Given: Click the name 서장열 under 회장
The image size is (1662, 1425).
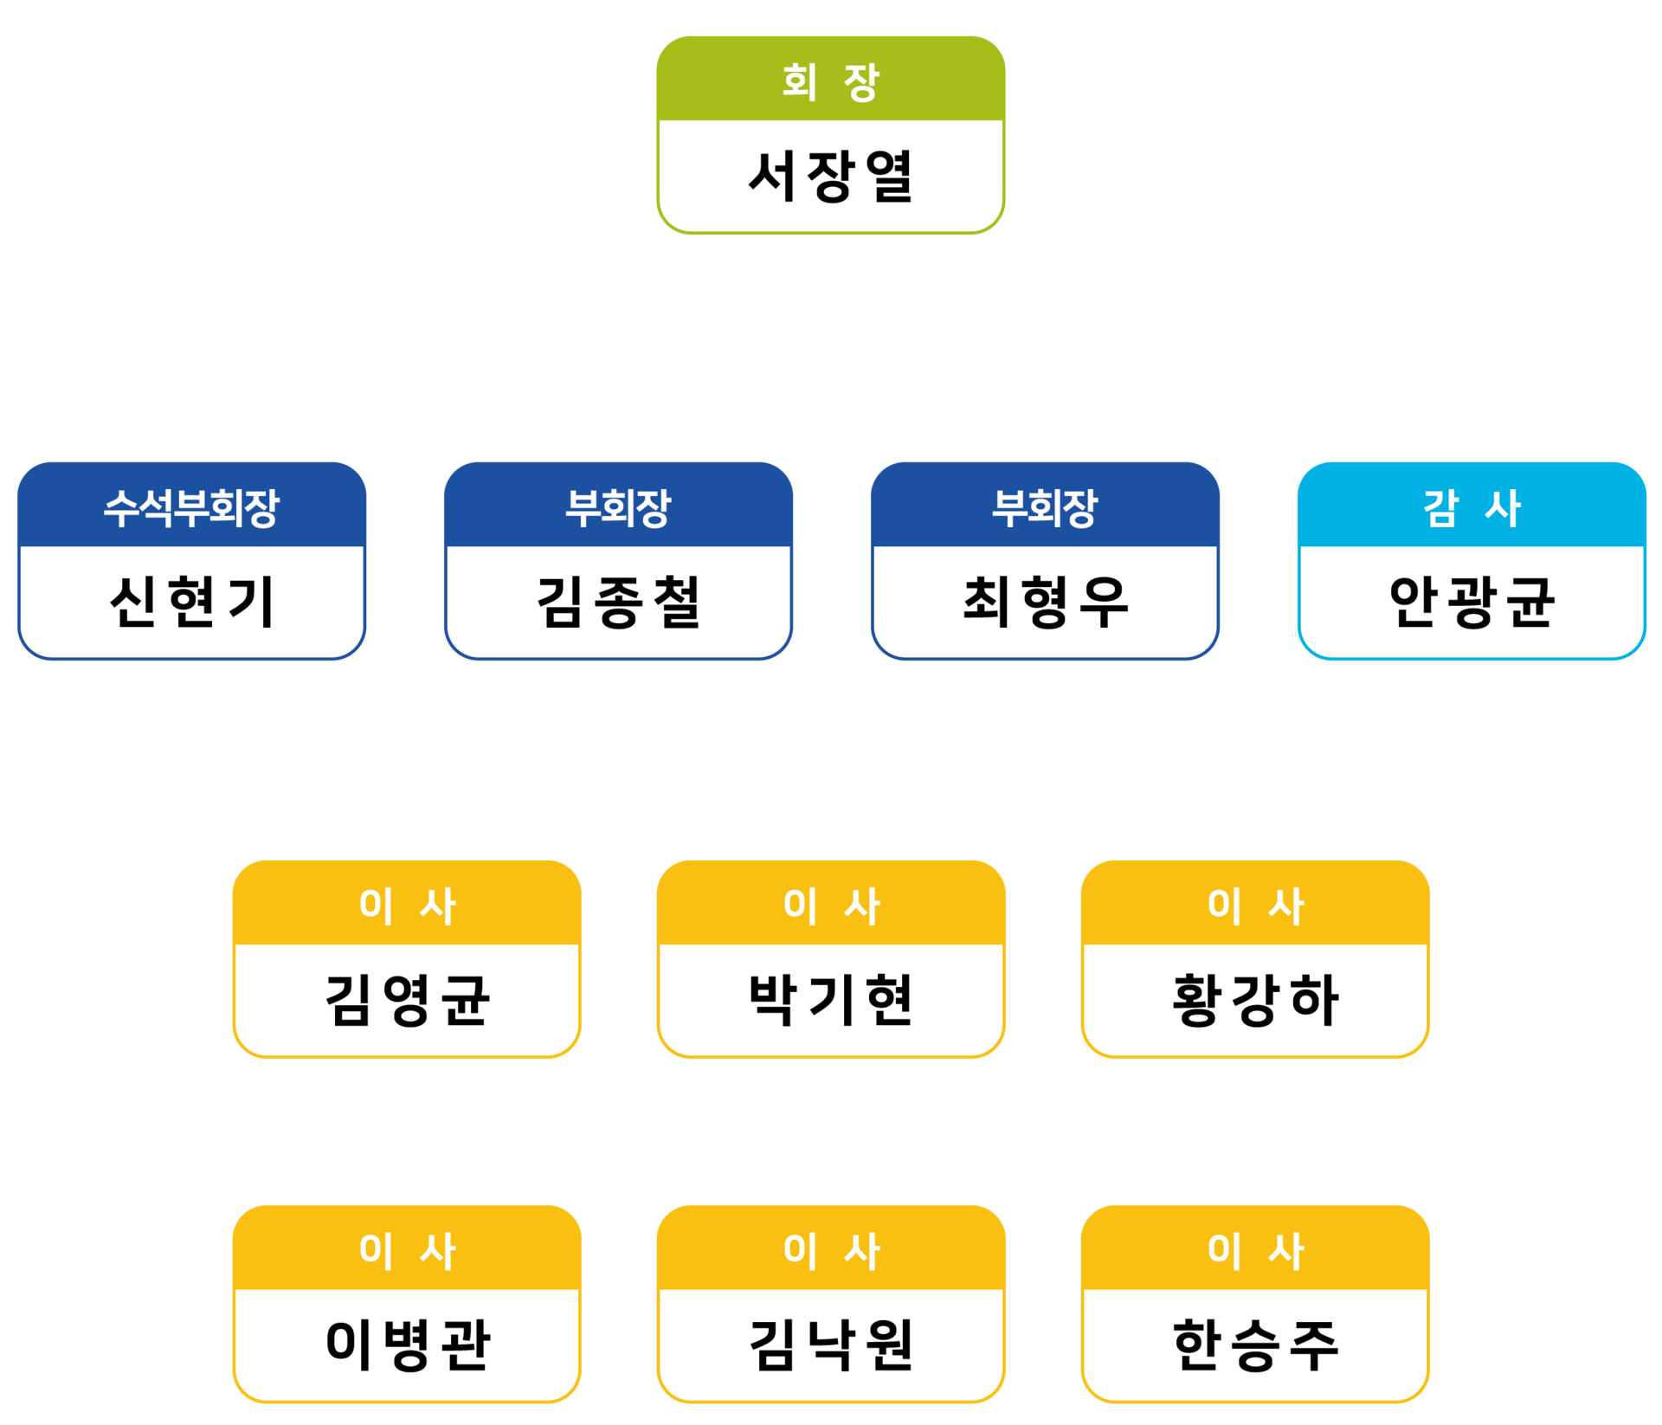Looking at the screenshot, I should [x=830, y=177].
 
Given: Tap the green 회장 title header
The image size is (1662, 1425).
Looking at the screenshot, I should [x=830, y=81].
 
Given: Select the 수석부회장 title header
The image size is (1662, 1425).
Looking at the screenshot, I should [x=191, y=507].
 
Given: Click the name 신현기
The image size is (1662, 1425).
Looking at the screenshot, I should [x=191, y=602].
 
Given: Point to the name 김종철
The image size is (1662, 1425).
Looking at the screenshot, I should [x=618, y=602].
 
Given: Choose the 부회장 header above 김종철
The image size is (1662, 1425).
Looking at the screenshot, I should [x=618, y=507].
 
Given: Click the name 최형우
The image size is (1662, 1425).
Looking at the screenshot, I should [x=1045, y=602].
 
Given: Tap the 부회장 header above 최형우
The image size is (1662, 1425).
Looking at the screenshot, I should [x=1045, y=507].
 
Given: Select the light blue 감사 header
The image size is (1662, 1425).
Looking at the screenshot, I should [x=1472, y=507].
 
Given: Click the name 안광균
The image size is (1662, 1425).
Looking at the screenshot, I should [x=1472, y=602].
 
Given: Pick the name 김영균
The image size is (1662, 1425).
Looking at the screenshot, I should [x=406, y=1000].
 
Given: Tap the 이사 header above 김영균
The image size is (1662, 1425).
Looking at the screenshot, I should [x=406, y=906].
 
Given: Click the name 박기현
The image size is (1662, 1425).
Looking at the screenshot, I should [x=830, y=1000].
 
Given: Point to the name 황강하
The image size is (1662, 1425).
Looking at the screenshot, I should [x=1255, y=1000].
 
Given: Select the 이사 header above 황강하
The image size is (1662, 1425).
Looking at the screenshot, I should [x=1255, y=906].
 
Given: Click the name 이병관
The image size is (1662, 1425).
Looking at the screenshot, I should [x=406, y=1344].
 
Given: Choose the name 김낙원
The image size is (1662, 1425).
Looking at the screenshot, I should [x=830, y=1344].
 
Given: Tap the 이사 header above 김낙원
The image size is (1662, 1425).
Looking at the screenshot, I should [x=830, y=1250].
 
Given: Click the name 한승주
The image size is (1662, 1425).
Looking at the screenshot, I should [x=1255, y=1344].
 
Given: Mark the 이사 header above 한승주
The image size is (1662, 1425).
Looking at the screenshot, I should [x=1255, y=1250].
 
